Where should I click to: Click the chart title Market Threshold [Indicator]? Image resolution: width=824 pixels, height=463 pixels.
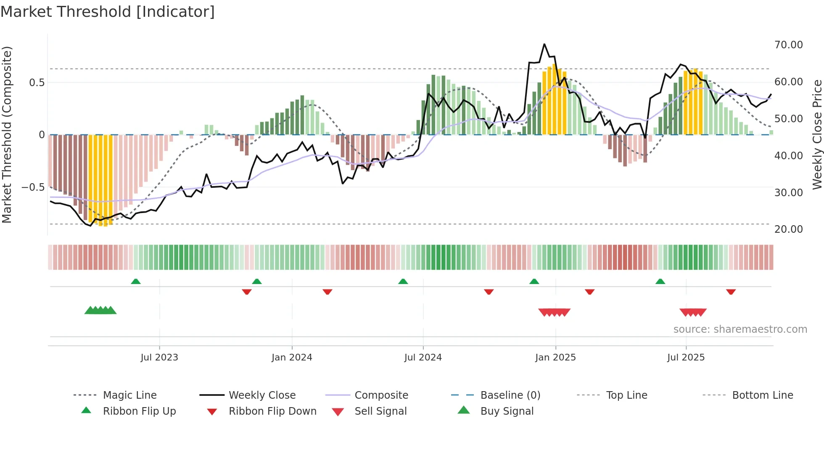(108, 12)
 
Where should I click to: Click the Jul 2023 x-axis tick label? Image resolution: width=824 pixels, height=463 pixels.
(159, 358)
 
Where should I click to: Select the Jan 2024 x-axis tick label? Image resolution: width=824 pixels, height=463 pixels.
(292, 358)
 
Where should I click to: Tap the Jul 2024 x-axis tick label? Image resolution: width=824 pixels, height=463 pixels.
(423, 358)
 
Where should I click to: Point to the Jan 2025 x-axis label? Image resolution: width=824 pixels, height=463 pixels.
(555, 358)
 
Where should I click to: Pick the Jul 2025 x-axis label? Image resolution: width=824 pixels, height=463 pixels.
(686, 358)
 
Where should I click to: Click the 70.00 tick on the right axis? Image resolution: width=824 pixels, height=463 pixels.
(788, 45)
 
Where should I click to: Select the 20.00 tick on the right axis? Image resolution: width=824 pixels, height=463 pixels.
(788, 229)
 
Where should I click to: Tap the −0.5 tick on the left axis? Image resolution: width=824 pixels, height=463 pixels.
(33, 187)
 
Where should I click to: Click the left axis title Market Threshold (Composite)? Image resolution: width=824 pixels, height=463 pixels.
(7, 134)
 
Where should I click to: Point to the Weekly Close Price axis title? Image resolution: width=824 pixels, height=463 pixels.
(817, 134)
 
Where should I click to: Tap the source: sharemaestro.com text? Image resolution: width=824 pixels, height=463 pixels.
(740, 329)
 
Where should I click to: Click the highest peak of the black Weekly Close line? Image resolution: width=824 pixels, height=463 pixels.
(544, 44)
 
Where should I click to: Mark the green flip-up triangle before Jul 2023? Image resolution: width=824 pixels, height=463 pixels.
(135, 281)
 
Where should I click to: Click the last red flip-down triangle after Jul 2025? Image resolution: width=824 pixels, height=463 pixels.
(731, 292)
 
